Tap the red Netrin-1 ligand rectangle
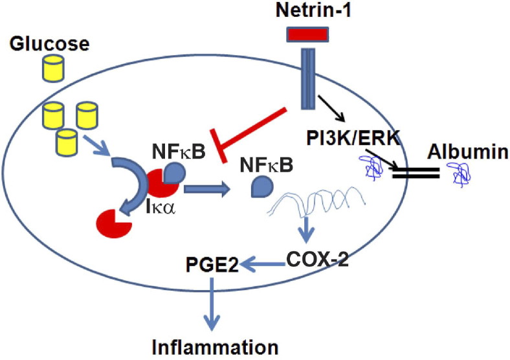(305, 38)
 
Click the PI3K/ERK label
(355, 137)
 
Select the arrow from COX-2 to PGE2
(263, 263)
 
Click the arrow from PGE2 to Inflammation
(212, 302)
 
